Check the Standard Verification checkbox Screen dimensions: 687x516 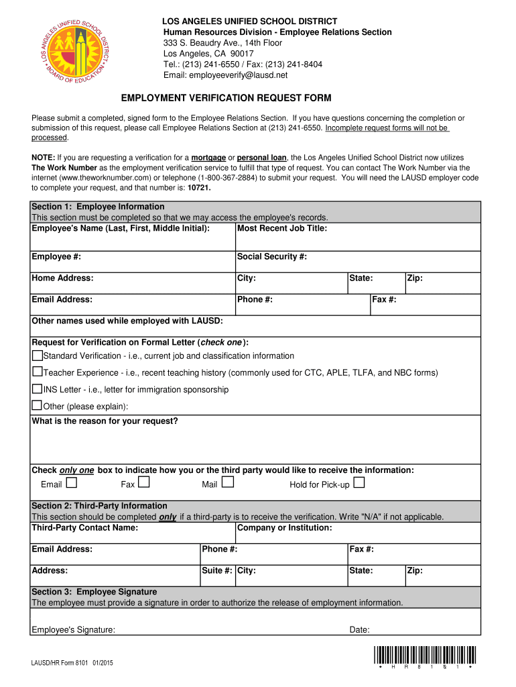tap(38, 355)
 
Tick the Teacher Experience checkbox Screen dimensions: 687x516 tap(38, 372)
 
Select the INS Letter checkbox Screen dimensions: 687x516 tap(38, 388)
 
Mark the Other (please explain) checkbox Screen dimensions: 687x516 tap(38, 405)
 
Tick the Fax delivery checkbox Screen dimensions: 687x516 tap(144, 482)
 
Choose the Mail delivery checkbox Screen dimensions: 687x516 tap(228, 482)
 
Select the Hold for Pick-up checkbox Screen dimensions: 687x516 tap(359, 482)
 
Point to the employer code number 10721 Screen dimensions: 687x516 tap(199, 189)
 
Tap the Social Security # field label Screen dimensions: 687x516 tap(272, 257)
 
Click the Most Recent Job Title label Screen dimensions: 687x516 tap(282, 229)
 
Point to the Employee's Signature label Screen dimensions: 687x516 tap(73, 630)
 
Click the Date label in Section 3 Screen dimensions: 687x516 tap(360, 630)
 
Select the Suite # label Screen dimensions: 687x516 tap(217, 571)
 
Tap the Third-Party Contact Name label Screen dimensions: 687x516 tap(85, 528)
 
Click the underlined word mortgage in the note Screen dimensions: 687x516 tap(208, 157)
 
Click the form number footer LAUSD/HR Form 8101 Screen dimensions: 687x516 tap(72, 664)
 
